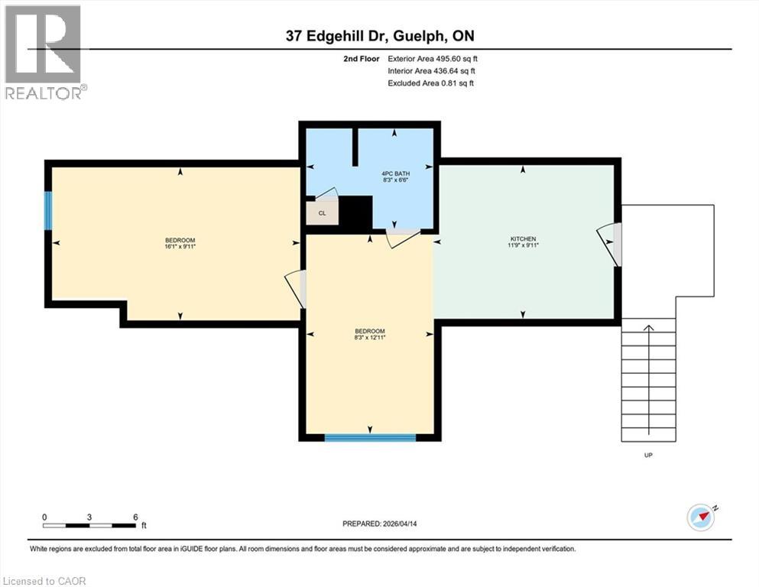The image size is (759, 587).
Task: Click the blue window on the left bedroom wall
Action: click(x=48, y=211)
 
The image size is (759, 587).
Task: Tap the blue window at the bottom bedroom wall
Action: click(x=370, y=437)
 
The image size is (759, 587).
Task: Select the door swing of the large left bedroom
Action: click(x=295, y=290)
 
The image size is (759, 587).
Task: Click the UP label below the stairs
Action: click(x=648, y=455)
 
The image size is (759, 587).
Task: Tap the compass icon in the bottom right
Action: click(x=700, y=517)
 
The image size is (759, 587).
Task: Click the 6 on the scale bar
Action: click(x=135, y=517)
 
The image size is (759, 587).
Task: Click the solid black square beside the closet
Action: click(x=355, y=212)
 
